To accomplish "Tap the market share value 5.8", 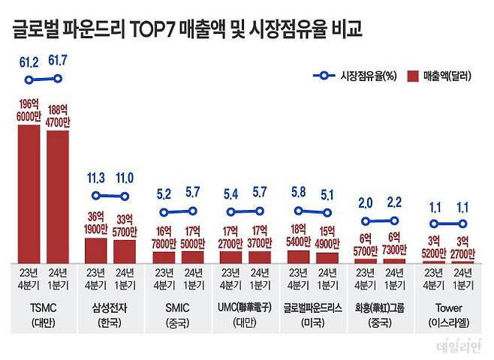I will pos(299,193).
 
